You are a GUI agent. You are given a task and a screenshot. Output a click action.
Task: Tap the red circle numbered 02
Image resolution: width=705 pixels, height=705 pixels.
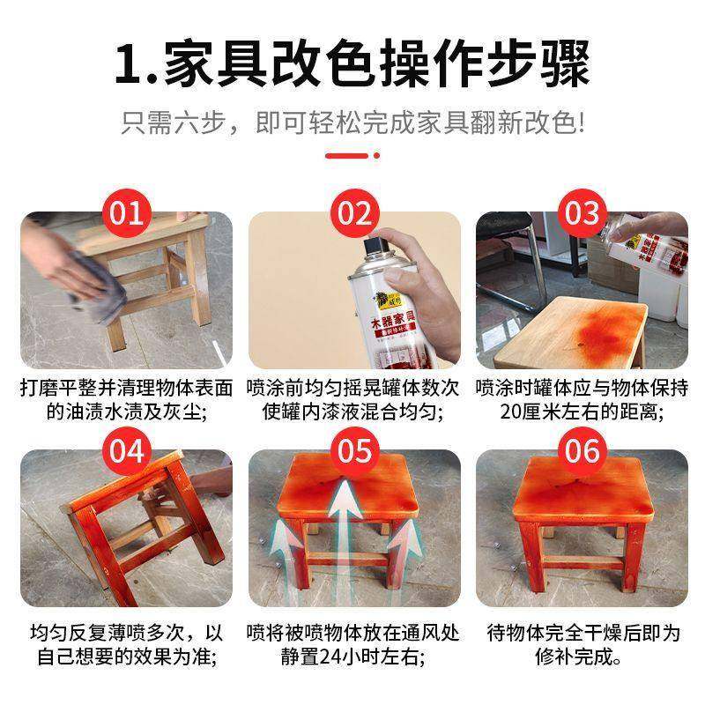tap(353, 213)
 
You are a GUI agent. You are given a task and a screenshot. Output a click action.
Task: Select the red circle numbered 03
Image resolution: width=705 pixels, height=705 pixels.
tap(582, 213)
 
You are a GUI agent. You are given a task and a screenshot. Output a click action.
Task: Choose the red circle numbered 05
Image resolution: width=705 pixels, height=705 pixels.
tap(353, 450)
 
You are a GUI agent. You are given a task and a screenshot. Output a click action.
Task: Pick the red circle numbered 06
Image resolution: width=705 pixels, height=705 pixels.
tap(582, 450)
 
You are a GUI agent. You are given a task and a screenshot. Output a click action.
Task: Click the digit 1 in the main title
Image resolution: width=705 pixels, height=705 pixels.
tap(129, 63)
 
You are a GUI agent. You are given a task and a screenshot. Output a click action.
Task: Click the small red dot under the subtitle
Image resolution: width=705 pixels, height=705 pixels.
tap(377, 156)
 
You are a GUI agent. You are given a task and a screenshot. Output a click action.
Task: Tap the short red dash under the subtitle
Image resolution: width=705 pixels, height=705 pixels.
tap(345, 156)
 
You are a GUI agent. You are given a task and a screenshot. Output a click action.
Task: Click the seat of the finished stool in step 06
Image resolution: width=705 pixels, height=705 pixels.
tap(582, 493)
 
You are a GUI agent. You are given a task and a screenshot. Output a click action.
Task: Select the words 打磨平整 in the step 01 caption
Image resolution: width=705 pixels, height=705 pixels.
tap(61, 388)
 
